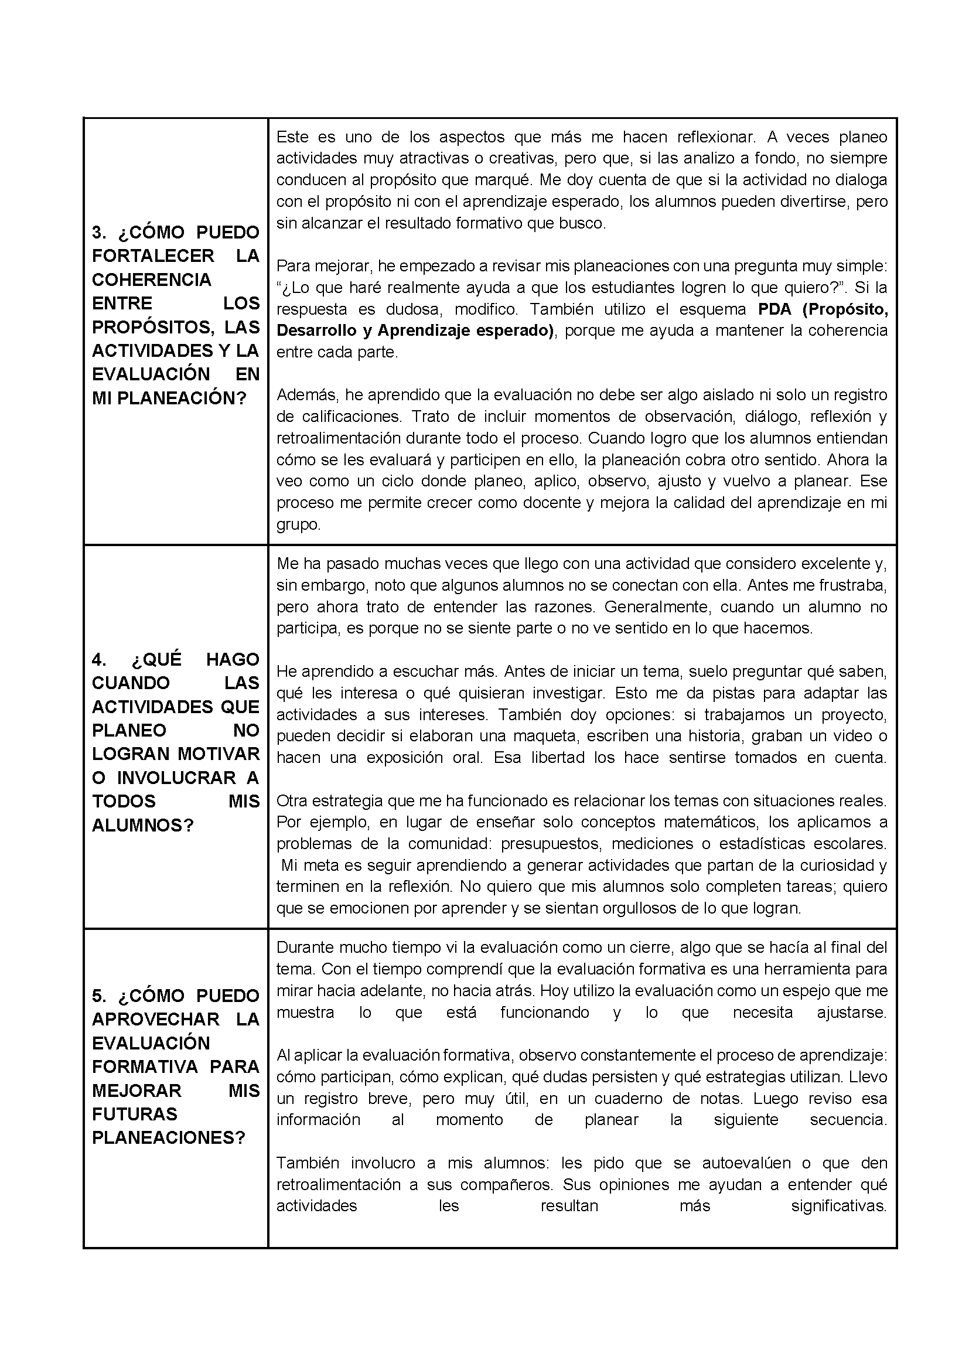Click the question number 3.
click(98, 232)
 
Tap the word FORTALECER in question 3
click(153, 256)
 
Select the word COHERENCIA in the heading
click(152, 280)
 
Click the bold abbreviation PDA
click(775, 309)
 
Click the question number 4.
click(99, 659)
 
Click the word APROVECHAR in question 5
click(156, 1019)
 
